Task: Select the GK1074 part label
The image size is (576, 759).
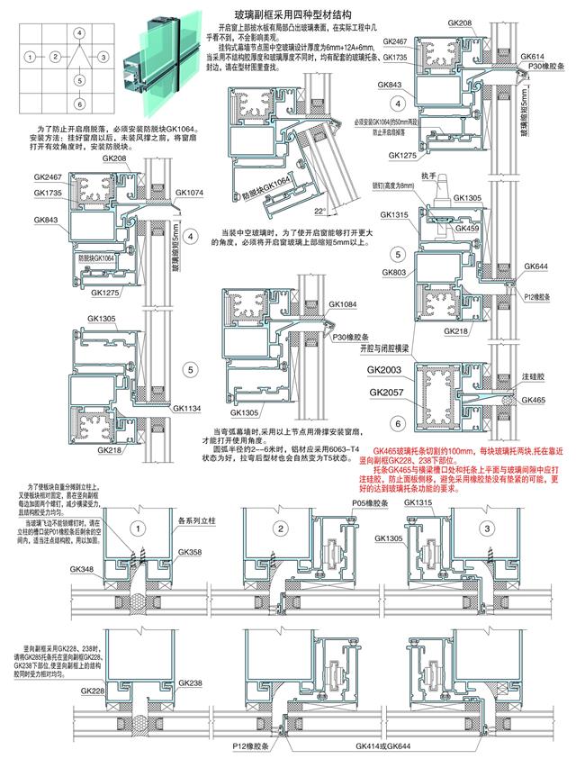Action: coord(189,192)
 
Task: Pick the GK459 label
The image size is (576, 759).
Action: coord(466,228)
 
